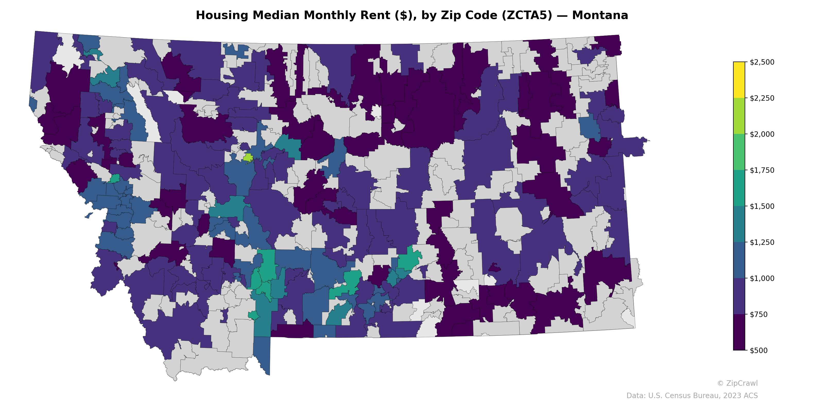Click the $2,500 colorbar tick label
click(x=762, y=62)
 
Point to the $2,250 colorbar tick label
click(x=762, y=98)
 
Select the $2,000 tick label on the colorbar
click(x=762, y=134)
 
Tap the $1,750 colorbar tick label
click(x=762, y=170)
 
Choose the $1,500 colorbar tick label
click(x=762, y=206)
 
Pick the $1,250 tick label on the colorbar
click(x=762, y=242)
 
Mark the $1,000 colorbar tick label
click(x=762, y=278)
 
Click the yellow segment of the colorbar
click(x=739, y=80)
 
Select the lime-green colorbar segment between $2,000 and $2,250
click(x=739, y=116)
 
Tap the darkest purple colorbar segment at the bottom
click(x=739, y=332)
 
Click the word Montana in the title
click(x=600, y=15)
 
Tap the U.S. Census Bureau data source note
click(x=692, y=396)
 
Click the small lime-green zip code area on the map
click(x=248, y=157)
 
